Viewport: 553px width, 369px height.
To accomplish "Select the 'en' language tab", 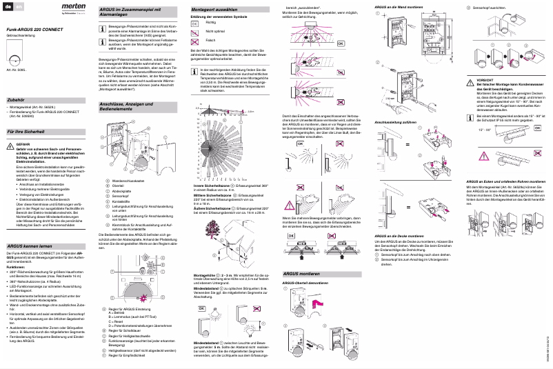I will tap(19, 6).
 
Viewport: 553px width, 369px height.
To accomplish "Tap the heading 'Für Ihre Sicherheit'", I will tap(25, 130).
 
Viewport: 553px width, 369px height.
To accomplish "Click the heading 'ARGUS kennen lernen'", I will tap(29, 246).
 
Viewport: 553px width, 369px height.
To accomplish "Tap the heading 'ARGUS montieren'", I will tap(305, 274).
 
